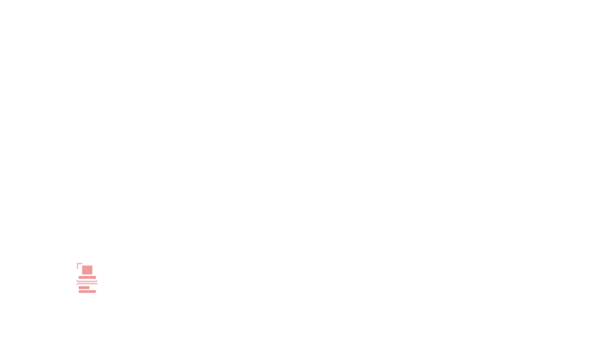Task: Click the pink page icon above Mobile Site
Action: pyautogui.click(x=87, y=278)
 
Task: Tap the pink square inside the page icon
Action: pyautogui.click(x=88, y=270)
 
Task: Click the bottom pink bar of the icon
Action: pyautogui.click(x=88, y=290)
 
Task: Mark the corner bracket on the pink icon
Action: pyautogui.click(x=78, y=265)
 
